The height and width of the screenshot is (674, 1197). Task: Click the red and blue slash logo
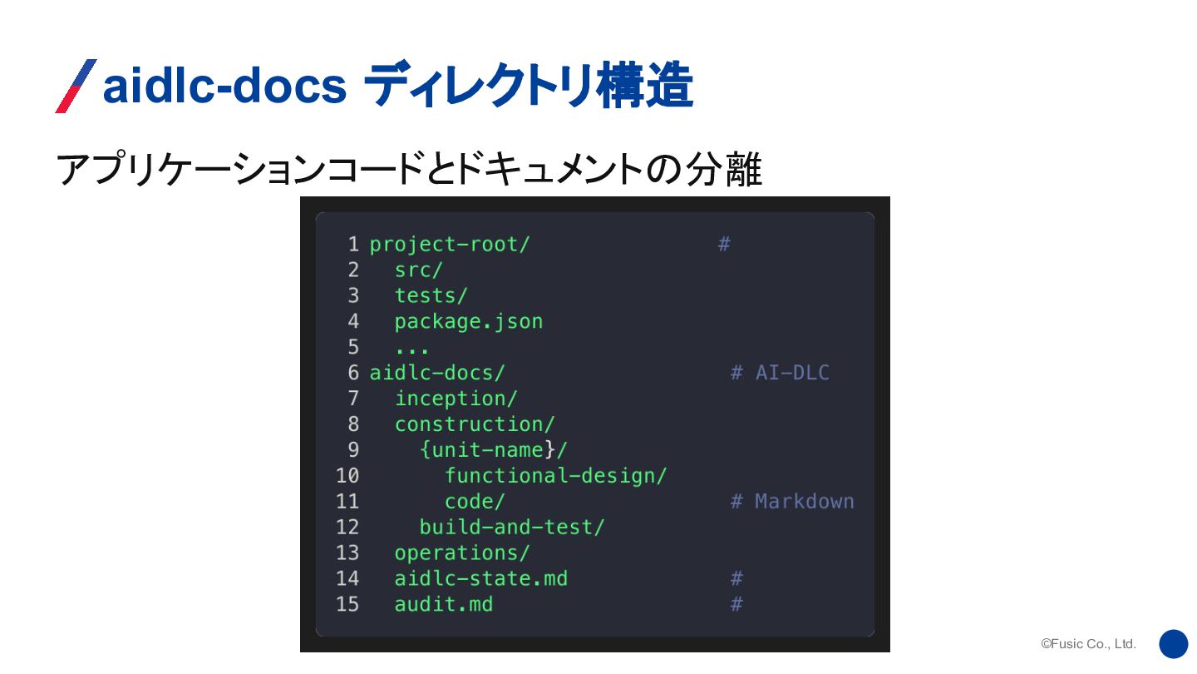click(76, 86)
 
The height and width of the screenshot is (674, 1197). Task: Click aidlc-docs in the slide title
click(224, 86)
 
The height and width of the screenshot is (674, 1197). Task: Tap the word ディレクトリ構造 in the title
click(528, 86)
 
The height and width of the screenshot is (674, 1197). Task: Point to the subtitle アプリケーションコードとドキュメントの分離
click(408, 170)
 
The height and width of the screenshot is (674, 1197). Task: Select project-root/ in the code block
click(450, 245)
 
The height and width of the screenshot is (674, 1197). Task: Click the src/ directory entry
click(419, 270)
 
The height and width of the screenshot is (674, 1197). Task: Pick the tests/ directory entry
click(431, 296)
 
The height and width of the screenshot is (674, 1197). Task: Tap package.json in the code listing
click(469, 322)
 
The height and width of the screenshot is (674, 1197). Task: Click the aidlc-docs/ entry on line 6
click(437, 373)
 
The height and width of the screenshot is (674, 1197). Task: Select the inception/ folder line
click(456, 399)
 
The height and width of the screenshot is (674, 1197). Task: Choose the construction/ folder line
click(475, 424)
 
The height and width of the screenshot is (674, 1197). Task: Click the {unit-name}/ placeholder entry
click(494, 450)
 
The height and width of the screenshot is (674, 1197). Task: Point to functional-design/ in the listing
click(556, 476)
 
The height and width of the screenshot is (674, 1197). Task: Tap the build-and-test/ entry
click(512, 528)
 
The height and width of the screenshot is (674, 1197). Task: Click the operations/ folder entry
click(462, 553)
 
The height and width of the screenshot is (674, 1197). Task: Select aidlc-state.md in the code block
click(481, 579)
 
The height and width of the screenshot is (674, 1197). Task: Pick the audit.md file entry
click(444, 605)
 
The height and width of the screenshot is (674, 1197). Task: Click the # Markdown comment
click(792, 502)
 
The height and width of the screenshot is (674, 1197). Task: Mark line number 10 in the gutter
click(347, 476)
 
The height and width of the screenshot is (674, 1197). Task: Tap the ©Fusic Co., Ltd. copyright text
click(1088, 644)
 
